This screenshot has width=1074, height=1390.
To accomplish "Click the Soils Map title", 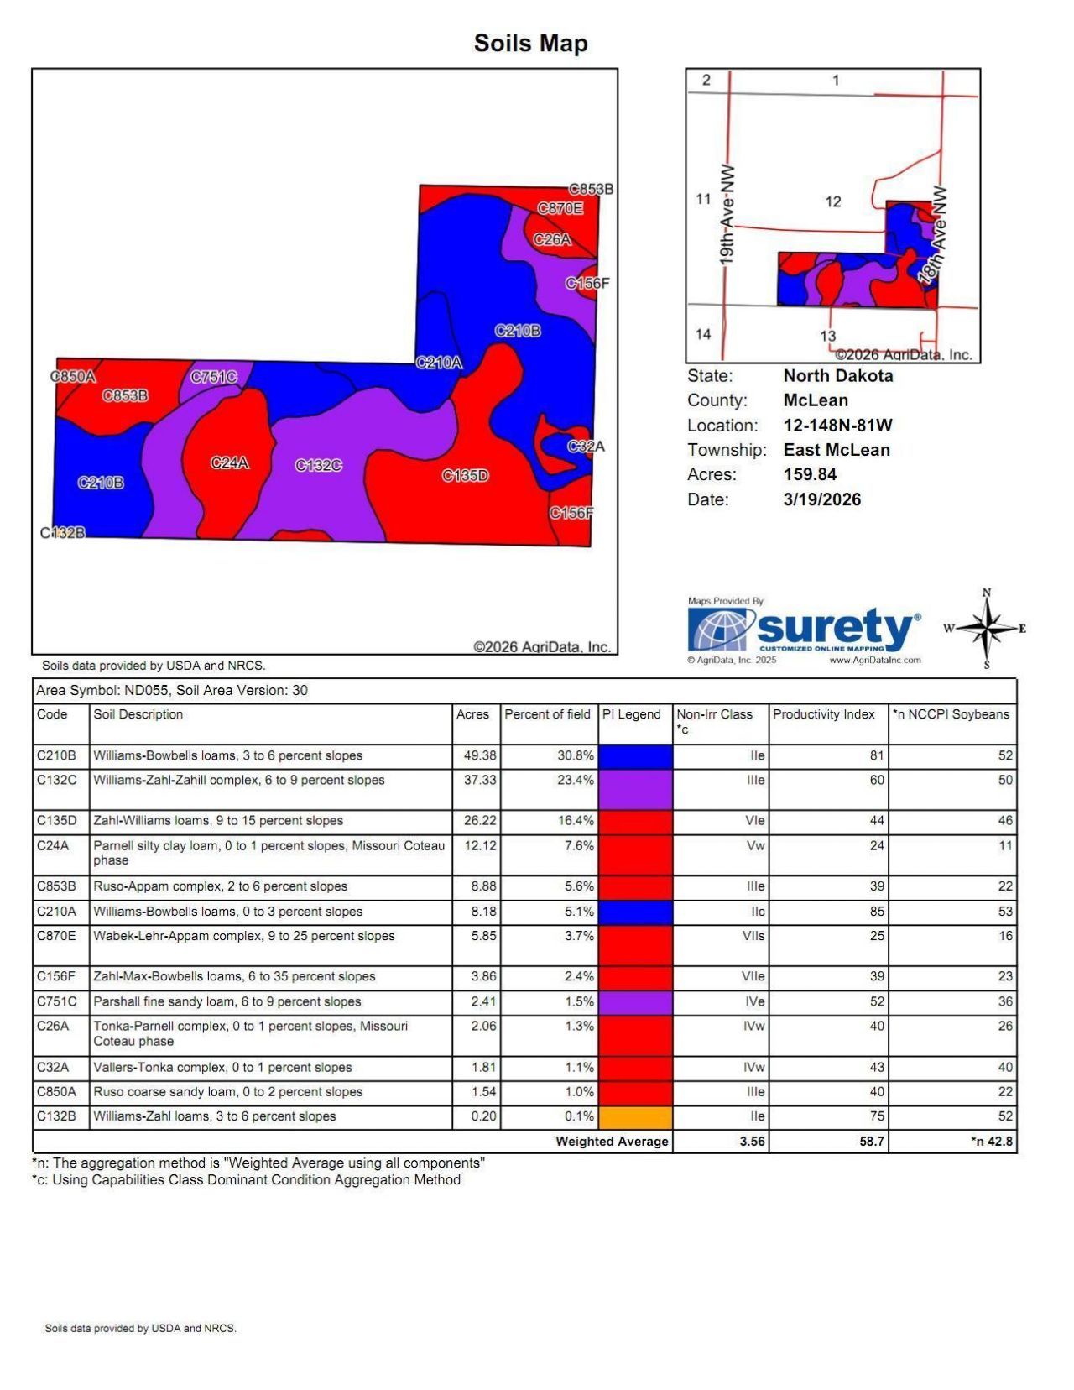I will tap(530, 43).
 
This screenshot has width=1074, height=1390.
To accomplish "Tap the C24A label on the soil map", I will tap(229, 462).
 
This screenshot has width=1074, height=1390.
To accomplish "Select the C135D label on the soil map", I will tap(465, 476).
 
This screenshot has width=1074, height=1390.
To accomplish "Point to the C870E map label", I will tap(560, 208).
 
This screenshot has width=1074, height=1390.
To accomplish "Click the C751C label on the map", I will tap(213, 377).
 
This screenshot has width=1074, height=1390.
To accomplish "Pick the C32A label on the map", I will tap(585, 447).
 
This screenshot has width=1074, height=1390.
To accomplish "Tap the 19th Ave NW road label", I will tap(727, 214).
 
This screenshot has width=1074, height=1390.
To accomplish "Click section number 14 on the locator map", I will tap(703, 333).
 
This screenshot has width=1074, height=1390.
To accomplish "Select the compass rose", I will tap(987, 629).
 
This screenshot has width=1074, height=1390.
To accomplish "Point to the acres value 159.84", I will tap(810, 474).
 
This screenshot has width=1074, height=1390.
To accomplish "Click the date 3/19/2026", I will tap(821, 499).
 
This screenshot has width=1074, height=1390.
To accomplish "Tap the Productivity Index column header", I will tap(823, 714).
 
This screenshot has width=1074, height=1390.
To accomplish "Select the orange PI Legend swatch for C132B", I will tap(635, 1117).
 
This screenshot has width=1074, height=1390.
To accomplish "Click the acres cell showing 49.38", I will tap(480, 755).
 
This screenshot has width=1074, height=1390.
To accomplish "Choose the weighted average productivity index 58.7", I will tap(872, 1142).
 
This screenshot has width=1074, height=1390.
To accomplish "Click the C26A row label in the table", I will tap(53, 1026).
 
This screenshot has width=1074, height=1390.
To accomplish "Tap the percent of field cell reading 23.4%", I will tap(576, 780).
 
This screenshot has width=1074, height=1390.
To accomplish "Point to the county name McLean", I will tap(816, 400).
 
